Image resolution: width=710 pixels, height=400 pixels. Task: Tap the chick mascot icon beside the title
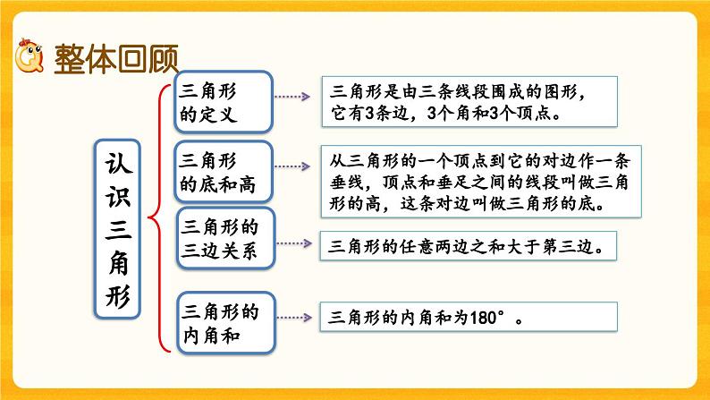coord(30,57)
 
